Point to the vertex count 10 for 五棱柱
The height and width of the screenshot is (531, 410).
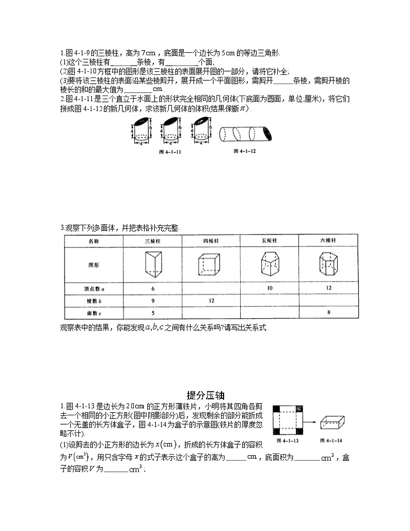270,288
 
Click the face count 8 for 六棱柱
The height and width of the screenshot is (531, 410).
328,313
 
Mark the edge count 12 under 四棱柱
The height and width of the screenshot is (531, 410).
211,300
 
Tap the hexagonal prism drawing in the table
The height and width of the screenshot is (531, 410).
328,264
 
